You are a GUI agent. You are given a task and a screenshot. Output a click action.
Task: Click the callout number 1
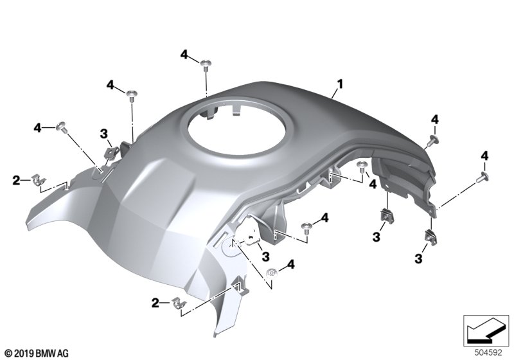[340, 84]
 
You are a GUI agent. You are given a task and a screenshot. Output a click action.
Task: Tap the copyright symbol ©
[9, 354]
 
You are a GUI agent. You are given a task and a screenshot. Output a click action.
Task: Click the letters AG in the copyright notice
[63, 354]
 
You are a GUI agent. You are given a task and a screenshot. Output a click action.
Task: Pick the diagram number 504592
[488, 353]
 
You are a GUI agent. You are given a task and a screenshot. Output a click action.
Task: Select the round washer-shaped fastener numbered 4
[271, 273]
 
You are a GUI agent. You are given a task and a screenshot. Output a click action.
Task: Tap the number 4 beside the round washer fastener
[290, 264]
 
